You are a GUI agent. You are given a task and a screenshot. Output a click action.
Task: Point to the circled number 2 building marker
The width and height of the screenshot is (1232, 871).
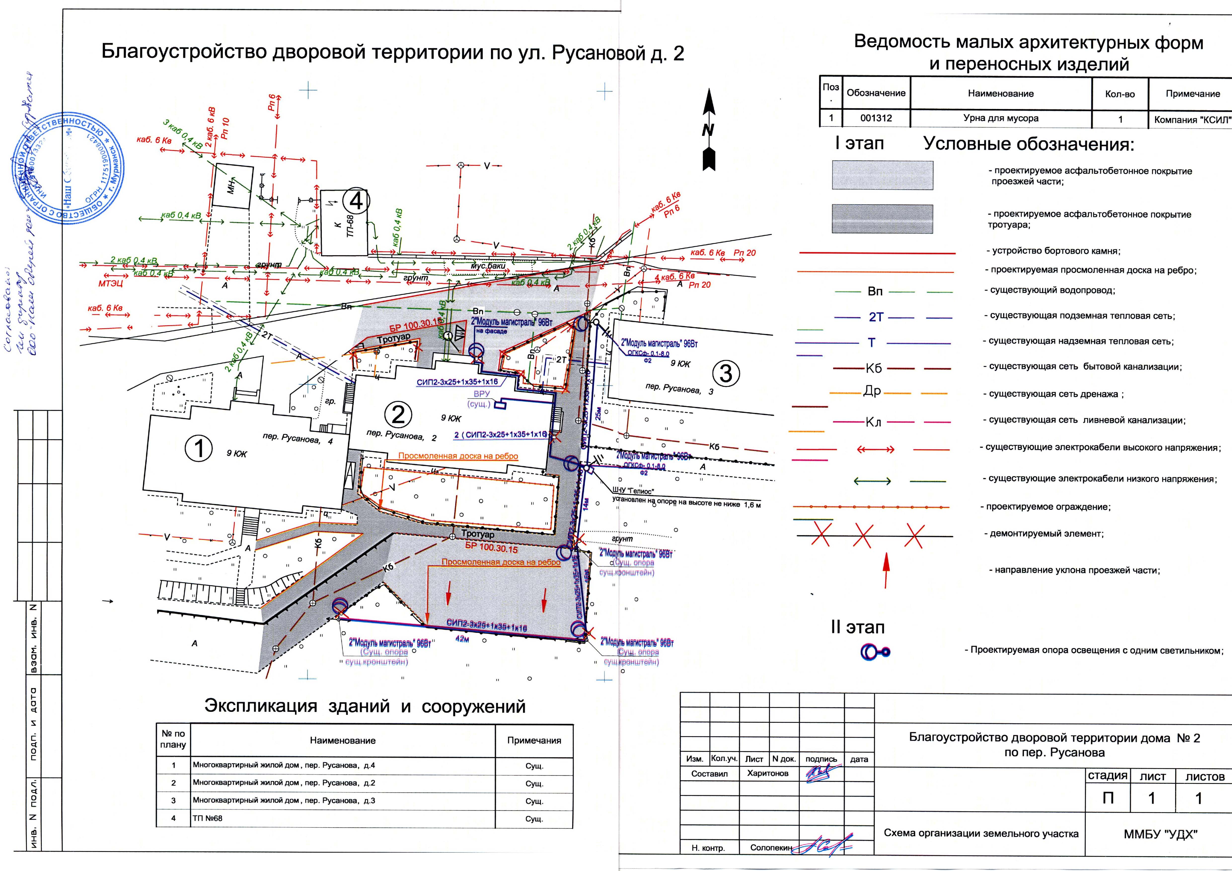398,415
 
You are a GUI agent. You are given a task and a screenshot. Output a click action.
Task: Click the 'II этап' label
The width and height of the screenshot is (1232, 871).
858,627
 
